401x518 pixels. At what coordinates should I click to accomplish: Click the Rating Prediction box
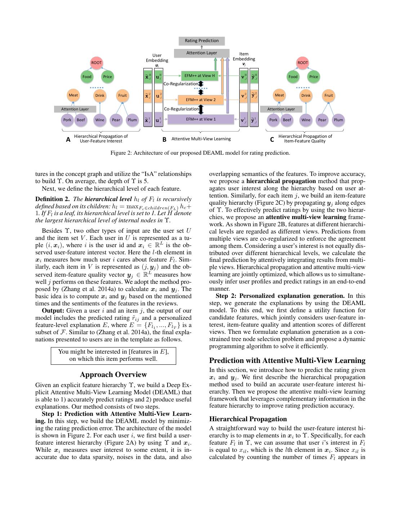201,41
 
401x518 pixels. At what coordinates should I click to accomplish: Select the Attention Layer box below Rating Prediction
201,53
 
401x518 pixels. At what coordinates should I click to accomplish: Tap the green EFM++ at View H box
199,76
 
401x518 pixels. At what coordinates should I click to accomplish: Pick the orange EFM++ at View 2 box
200,100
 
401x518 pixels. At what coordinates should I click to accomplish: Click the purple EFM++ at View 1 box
201,119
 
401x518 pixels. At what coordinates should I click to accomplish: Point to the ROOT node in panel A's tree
96,63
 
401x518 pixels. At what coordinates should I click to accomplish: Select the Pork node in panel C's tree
273,120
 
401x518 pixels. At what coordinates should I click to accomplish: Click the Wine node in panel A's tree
100,120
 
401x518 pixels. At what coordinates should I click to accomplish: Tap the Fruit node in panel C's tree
329,95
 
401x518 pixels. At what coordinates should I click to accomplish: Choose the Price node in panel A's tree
107,76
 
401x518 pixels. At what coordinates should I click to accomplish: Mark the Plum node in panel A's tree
132,120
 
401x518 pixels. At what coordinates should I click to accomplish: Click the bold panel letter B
164,140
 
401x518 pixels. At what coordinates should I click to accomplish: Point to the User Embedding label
157,58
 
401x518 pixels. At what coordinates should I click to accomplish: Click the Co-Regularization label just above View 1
181,109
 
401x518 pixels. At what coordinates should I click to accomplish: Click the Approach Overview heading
113,374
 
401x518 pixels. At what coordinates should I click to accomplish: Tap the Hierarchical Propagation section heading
248,419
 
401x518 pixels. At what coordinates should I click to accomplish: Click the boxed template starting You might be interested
113,355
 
